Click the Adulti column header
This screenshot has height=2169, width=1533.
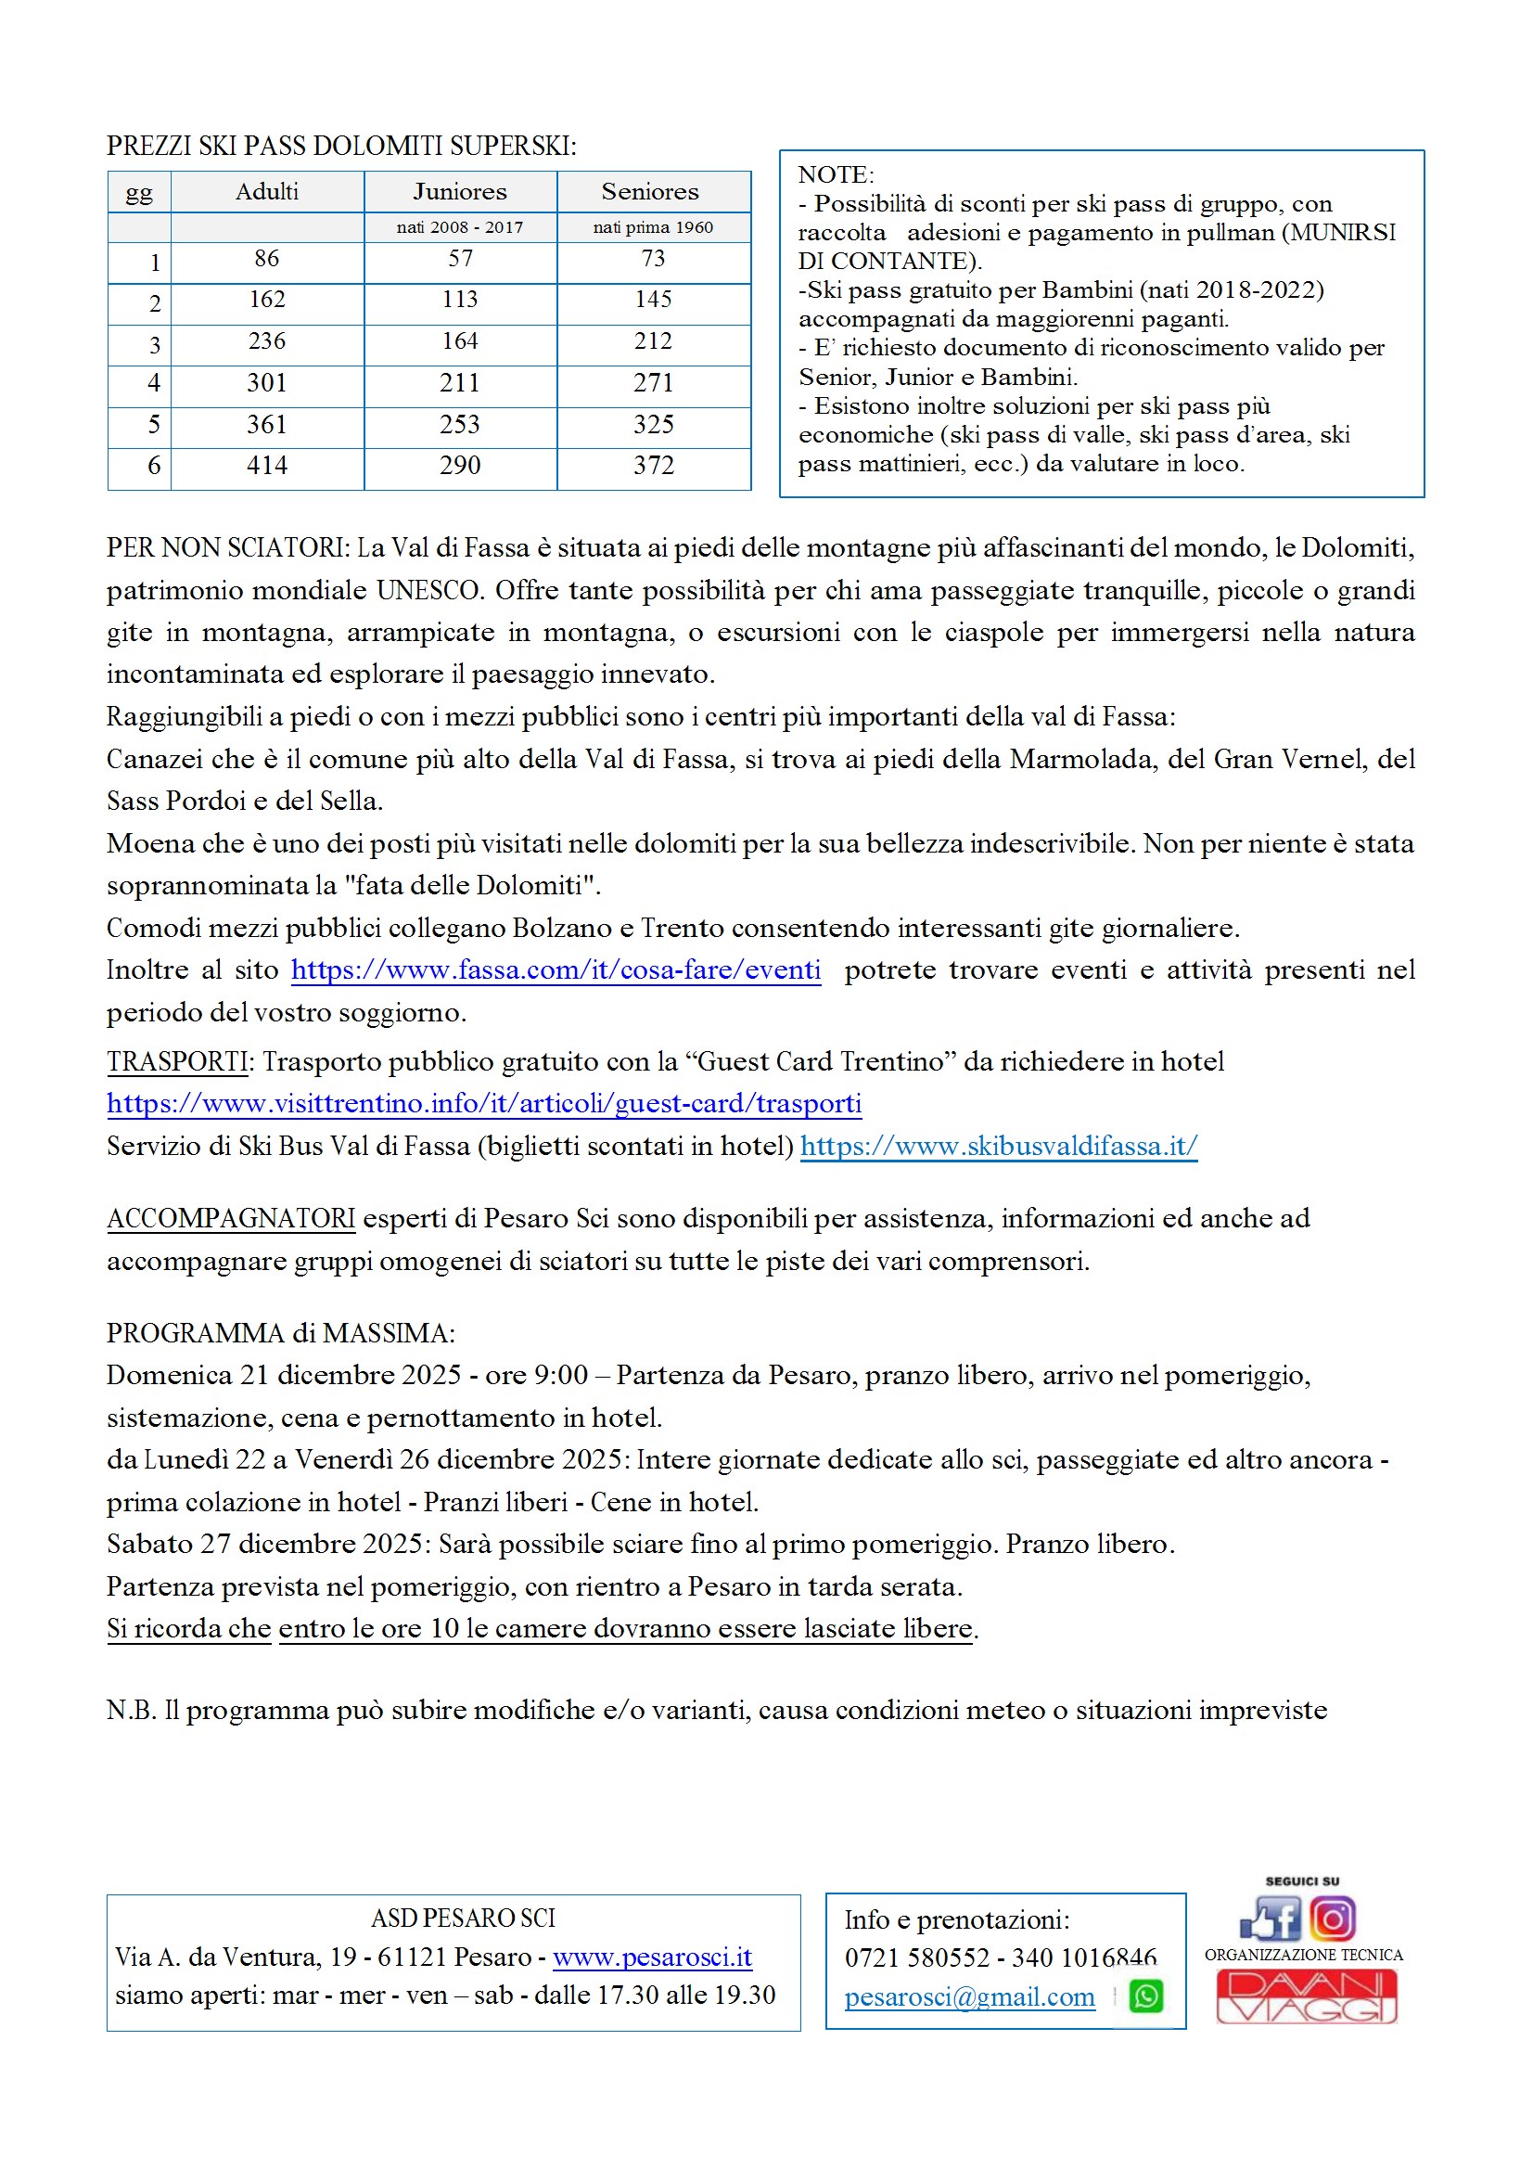pyautogui.click(x=266, y=192)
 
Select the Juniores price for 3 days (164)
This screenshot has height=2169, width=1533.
pyautogui.click(x=460, y=341)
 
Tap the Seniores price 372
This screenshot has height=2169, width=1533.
pyautogui.click(x=653, y=465)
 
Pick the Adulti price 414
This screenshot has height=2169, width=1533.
pyautogui.click(x=266, y=465)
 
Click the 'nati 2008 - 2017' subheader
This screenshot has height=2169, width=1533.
pyautogui.click(x=460, y=226)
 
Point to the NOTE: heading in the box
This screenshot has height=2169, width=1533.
pyautogui.click(x=836, y=174)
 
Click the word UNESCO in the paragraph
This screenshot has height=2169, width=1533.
pyautogui.click(x=429, y=589)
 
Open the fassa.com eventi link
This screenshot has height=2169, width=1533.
pyautogui.click(x=556, y=969)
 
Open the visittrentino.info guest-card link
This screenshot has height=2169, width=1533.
pyautogui.click(x=483, y=1102)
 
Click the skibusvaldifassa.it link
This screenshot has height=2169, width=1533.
pyautogui.click(x=999, y=1145)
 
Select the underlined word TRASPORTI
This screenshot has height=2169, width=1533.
pyautogui.click(x=176, y=1061)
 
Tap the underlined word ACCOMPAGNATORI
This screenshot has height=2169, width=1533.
pyautogui.click(x=231, y=1218)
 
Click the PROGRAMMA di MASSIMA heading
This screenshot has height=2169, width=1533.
pyautogui.click(x=280, y=1332)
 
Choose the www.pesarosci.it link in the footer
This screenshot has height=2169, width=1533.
pyautogui.click(x=652, y=1957)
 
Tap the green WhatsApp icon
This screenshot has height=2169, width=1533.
pyautogui.click(x=1145, y=1996)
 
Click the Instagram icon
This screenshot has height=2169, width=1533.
pyautogui.click(x=1332, y=1919)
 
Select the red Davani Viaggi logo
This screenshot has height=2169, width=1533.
pyautogui.click(x=1306, y=1996)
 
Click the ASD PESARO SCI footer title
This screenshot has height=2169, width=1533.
pyautogui.click(x=463, y=1918)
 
